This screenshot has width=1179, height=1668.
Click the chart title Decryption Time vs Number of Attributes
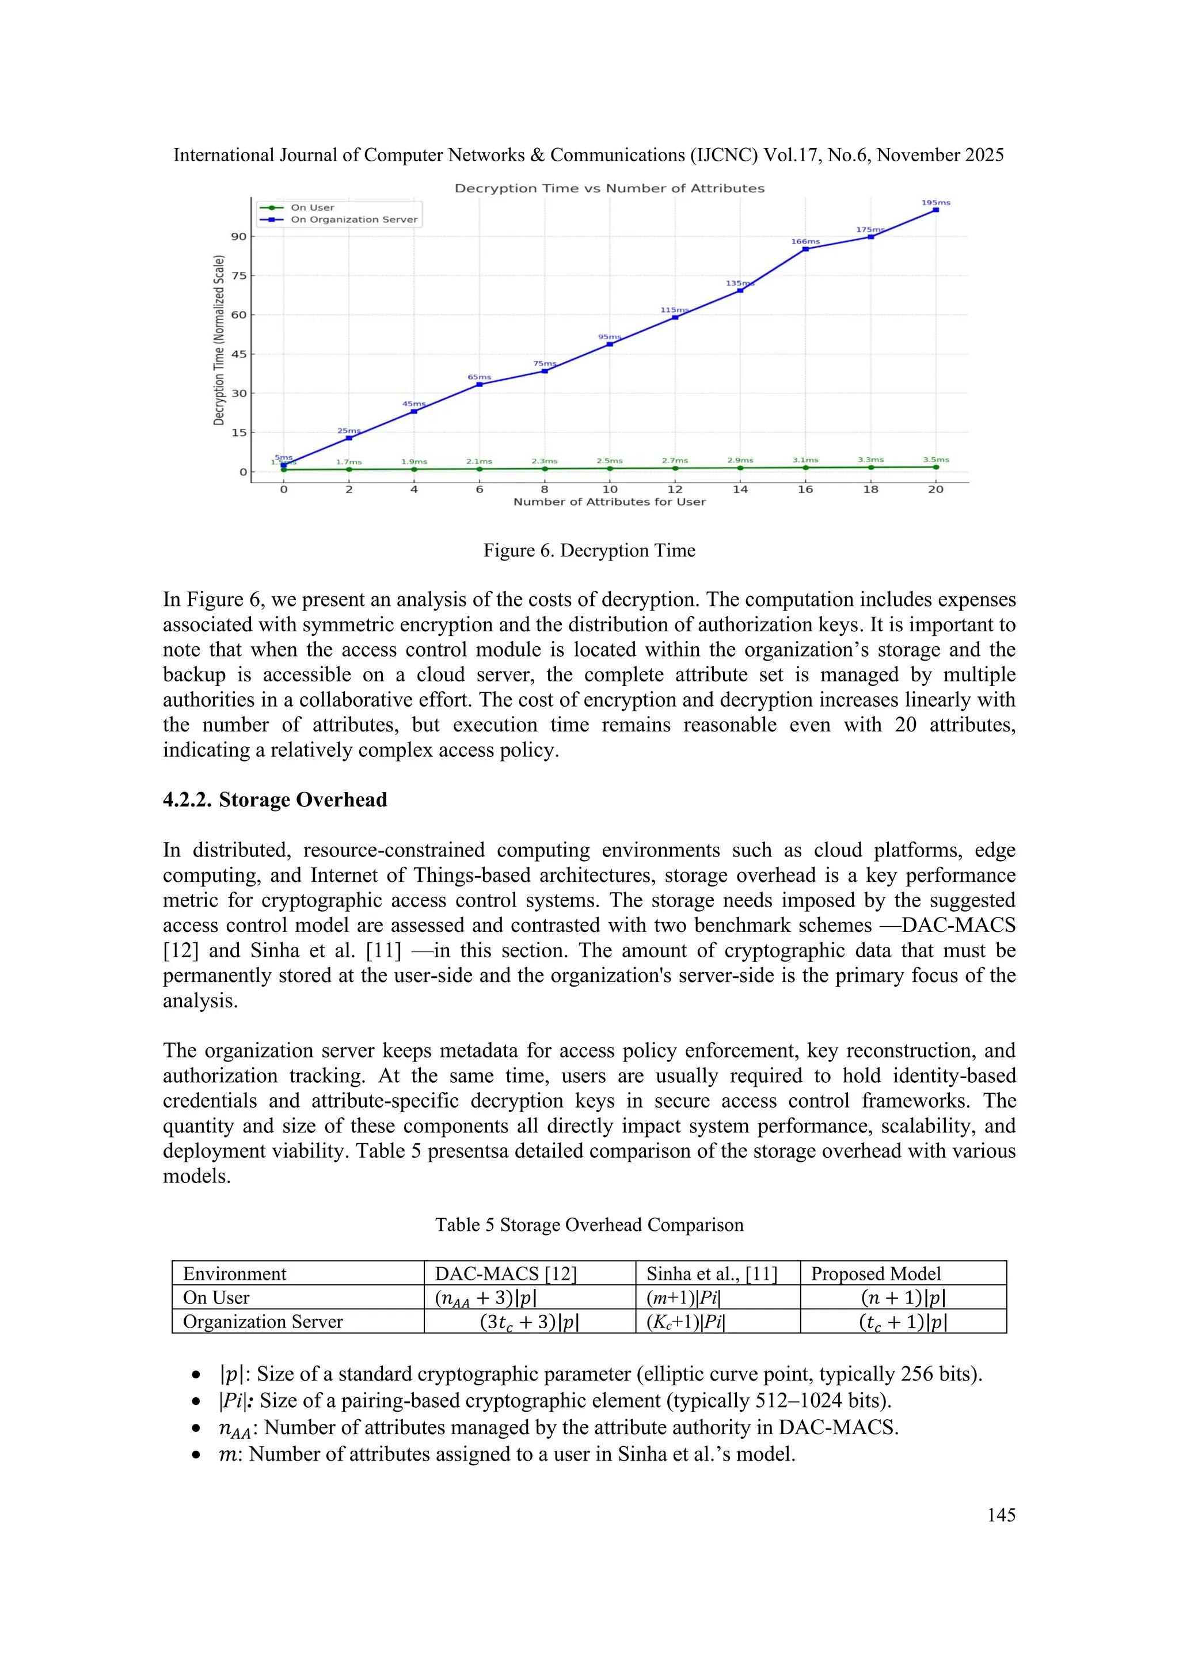click(609, 188)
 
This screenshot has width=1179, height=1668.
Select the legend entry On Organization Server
click(353, 219)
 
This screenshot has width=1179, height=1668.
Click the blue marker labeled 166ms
click(805, 249)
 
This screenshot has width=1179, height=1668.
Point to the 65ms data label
click(479, 377)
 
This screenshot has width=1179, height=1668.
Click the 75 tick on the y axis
click(239, 276)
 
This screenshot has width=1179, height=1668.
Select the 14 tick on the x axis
click(740, 490)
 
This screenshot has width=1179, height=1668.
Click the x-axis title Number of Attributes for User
click(609, 502)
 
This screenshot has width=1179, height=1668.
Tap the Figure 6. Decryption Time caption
click(589, 551)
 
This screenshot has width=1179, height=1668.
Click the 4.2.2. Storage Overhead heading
click(275, 800)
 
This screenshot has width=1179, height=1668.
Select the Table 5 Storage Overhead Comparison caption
click(589, 1225)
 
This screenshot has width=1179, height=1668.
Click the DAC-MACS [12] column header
click(505, 1273)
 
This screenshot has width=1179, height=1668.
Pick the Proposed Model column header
click(876, 1273)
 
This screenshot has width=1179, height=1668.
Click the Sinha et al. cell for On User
click(683, 1298)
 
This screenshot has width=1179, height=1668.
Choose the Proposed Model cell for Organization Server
click(903, 1321)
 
